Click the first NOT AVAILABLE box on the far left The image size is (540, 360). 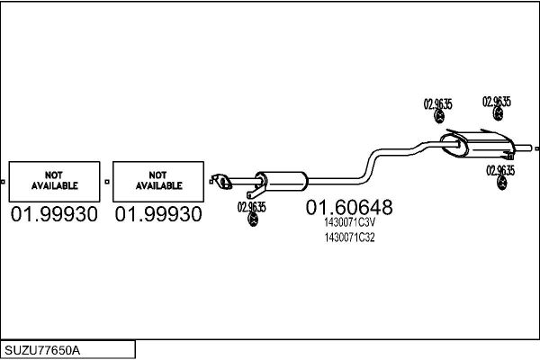pos(54,182)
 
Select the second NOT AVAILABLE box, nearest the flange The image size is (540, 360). pos(158,182)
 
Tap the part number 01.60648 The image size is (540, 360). pos(349,207)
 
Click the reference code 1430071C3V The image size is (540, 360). pos(349,222)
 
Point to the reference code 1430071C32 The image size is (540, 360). pos(349,238)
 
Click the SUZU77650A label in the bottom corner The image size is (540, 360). pos(42,350)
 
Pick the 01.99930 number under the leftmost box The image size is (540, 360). pos(54,214)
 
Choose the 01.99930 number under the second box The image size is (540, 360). pos(158,214)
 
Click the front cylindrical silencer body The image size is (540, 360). pos(282,181)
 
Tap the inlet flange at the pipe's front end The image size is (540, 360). pos(221,182)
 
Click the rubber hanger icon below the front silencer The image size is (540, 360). pos(253,220)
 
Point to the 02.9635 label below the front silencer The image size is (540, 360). pos(251,207)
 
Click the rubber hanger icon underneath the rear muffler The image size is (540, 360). pos(502,183)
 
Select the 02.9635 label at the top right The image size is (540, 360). pos(497,102)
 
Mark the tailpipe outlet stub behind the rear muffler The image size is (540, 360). pos(523,148)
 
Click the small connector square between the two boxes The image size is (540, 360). pos(107,182)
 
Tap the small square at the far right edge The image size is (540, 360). pos(537,148)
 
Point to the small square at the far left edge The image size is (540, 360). pos(3,182)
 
